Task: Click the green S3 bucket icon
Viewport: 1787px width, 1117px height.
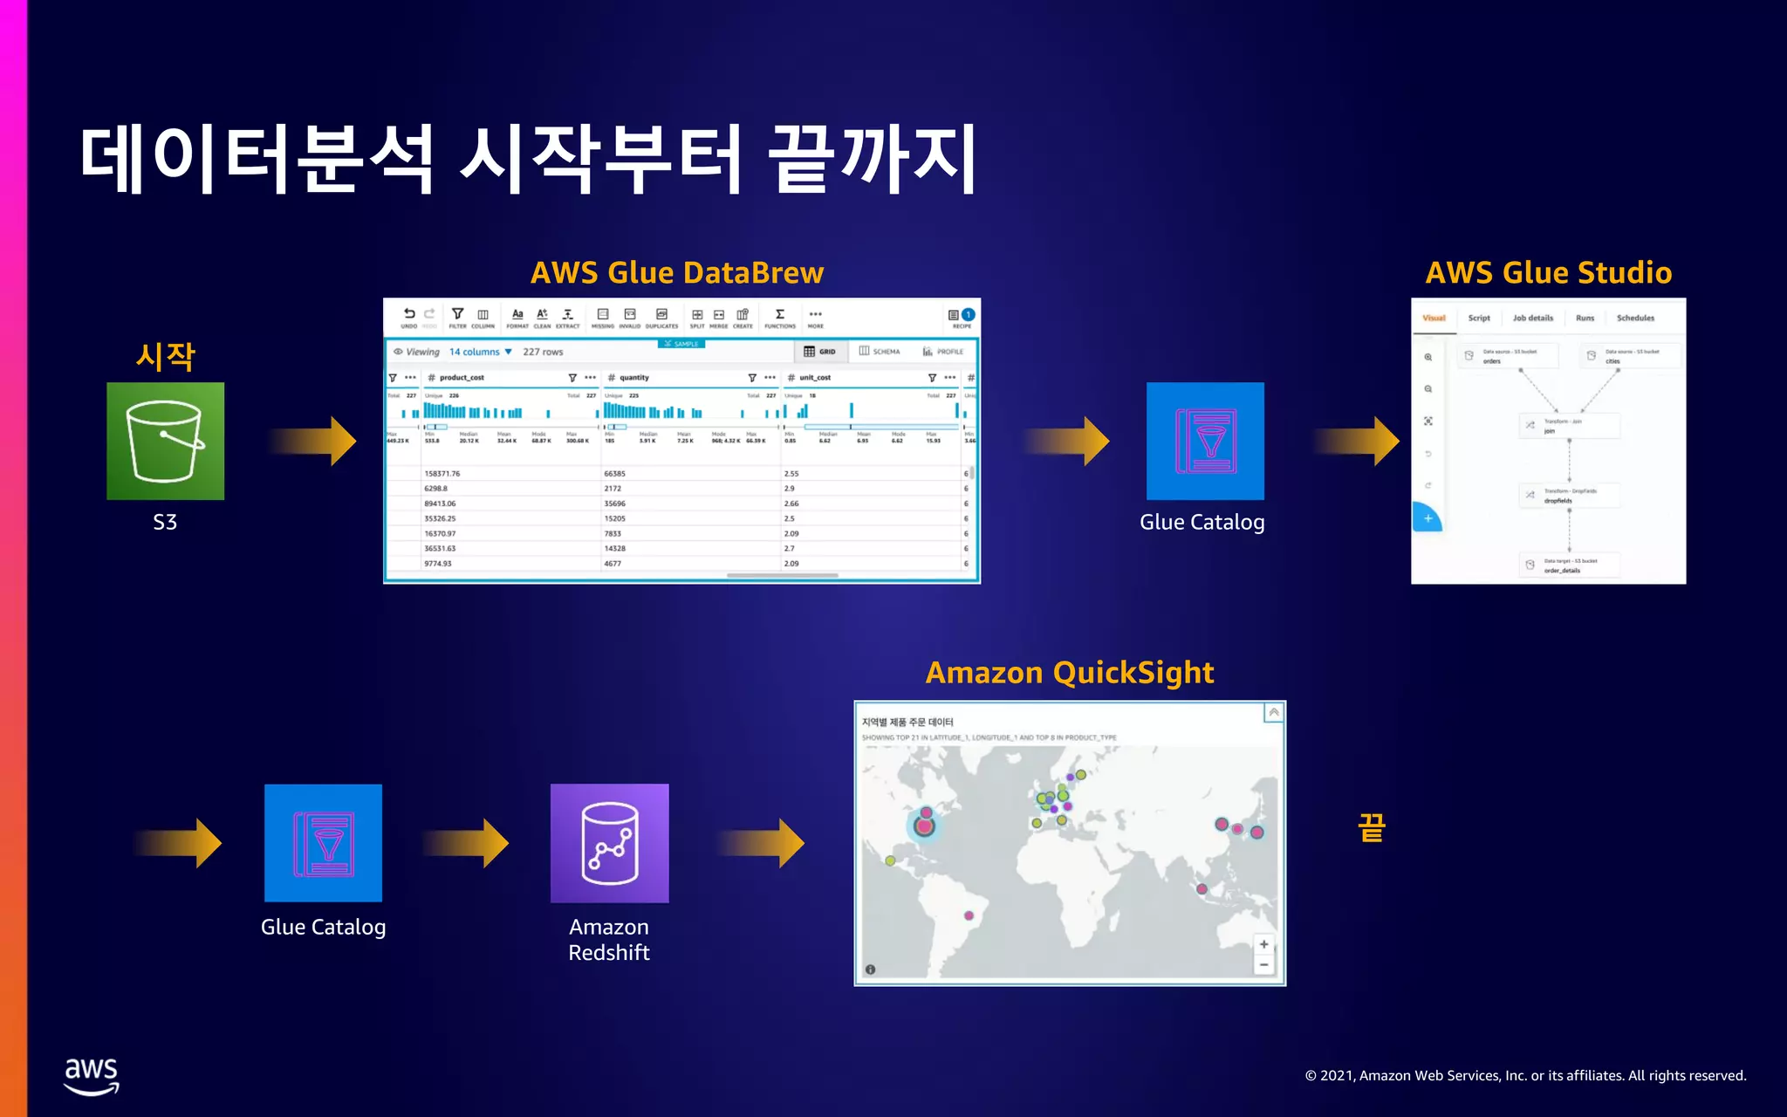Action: point(165,441)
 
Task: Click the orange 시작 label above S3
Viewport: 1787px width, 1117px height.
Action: point(165,356)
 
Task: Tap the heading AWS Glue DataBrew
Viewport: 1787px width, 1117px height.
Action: point(677,272)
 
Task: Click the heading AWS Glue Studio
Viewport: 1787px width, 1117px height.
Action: point(1548,272)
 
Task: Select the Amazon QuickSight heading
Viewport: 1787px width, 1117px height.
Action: point(1069,673)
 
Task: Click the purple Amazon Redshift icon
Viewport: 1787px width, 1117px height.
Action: point(609,843)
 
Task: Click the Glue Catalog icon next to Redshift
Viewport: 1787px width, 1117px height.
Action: point(323,843)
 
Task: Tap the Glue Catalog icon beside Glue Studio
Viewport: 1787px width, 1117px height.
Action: point(1204,441)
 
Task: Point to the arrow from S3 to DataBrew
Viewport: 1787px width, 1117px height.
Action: point(314,441)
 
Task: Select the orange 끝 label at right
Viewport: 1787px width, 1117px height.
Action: point(1372,827)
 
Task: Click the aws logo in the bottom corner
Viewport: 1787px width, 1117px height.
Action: point(92,1075)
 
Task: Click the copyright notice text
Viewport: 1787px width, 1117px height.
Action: point(1525,1075)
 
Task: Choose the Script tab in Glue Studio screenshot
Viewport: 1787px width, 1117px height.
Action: point(1479,319)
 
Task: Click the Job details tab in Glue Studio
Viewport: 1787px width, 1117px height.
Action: point(1533,319)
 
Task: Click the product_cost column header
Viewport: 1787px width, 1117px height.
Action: point(462,378)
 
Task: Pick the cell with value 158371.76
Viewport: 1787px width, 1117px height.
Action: point(442,474)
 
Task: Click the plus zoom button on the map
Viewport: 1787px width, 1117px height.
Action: point(1263,944)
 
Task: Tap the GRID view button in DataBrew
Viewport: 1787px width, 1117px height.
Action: point(819,352)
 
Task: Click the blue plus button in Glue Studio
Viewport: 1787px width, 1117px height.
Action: point(1428,518)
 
